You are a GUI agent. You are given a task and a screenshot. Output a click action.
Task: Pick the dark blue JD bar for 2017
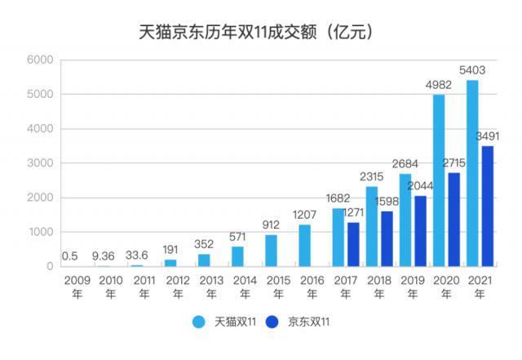coord(353,244)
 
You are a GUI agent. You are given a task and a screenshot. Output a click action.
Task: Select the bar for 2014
coord(237,256)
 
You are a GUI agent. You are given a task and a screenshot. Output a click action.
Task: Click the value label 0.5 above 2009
coord(69,256)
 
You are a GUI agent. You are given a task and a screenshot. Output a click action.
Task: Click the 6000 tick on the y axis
coord(39,60)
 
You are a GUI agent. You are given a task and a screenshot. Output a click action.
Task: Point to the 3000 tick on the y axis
coord(39,163)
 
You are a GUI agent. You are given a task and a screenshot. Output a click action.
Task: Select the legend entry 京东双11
coord(301,322)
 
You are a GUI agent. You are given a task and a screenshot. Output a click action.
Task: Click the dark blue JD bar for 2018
coord(387,238)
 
